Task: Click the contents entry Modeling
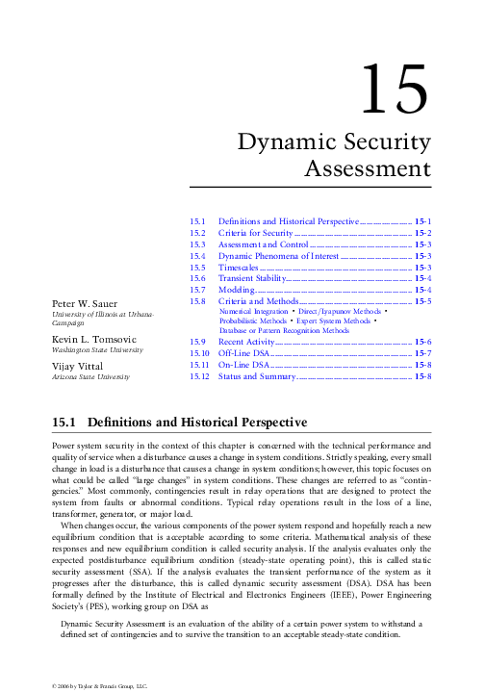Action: click(236, 290)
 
